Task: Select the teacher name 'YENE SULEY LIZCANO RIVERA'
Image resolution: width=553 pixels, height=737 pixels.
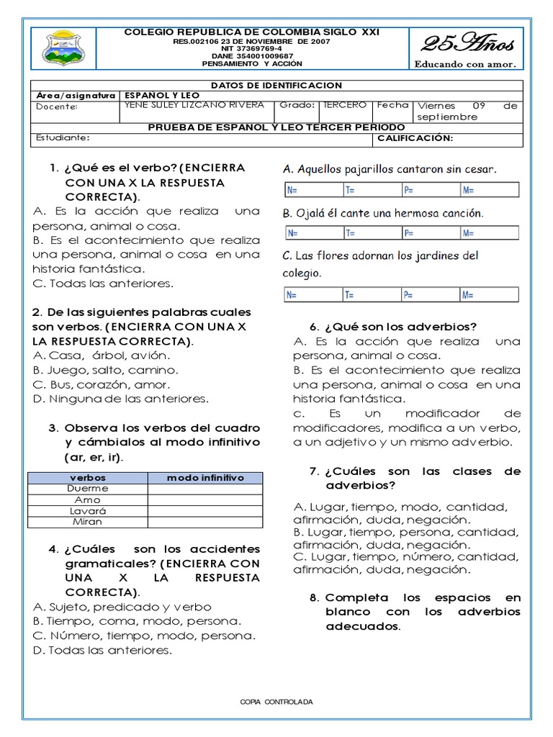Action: (x=194, y=105)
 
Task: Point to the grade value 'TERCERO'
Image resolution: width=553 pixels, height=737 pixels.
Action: (x=345, y=105)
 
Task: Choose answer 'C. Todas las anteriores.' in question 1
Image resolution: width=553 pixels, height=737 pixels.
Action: (x=103, y=284)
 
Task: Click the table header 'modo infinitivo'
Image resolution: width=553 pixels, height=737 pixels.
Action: (x=205, y=478)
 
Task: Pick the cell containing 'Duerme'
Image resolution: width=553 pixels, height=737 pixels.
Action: (x=87, y=489)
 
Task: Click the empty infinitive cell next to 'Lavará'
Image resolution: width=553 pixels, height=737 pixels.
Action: (x=205, y=510)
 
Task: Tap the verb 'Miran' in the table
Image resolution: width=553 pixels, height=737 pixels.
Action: (x=87, y=521)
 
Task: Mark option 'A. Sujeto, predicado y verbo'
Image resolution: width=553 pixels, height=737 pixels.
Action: (x=122, y=607)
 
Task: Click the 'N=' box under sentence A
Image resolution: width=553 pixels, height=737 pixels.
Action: (x=310, y=190)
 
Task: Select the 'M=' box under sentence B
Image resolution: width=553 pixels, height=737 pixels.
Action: (x=490, y=232)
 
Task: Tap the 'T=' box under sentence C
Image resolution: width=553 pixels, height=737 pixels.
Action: (x=370, y=294)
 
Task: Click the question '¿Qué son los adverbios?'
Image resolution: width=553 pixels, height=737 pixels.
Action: (x=400, y=326)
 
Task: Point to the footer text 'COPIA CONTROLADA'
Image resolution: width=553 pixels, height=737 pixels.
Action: (x=276, y=702)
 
